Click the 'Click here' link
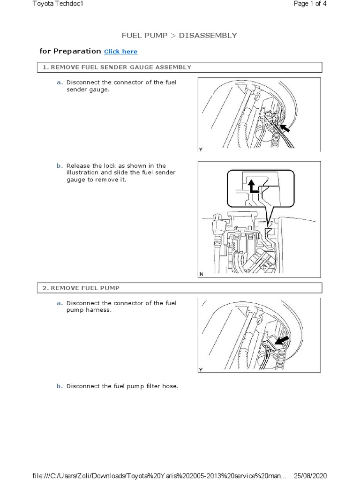120,52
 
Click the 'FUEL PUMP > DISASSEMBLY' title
180,35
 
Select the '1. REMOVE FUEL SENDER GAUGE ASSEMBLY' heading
117,67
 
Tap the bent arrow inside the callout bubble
254,186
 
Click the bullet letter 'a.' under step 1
60,82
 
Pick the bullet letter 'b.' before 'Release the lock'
60,165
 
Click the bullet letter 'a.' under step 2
60,303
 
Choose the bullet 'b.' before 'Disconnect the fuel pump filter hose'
60,386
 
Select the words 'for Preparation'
70,51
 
